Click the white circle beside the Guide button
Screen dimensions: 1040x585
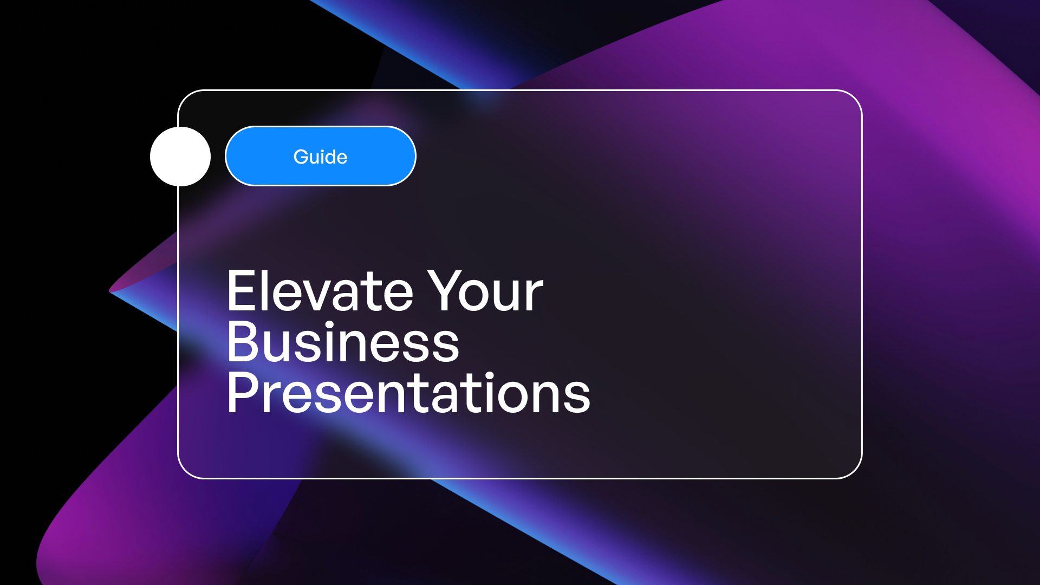pyautogui.click(x=180, y=157)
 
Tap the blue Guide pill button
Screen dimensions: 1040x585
pyautogui.click(x=321, y=156)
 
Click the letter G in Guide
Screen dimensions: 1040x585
pyautogui.click(x=301, y=157)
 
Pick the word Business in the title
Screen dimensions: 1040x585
pyautogui.click(x=343, y=342)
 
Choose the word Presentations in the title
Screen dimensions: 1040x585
pyautogui.click(x=409, y=393)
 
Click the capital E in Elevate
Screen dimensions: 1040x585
pyautogui.click(x=242, y=291)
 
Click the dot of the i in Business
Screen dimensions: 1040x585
pyautogui.click(x=329, y=324)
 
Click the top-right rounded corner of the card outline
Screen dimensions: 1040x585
pyautogui.click(x=855, y=97)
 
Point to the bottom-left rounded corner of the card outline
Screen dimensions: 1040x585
pyautogui.click(x=186, y=471)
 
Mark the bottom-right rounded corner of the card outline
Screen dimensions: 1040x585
pyautogui.click(x=855, y=471)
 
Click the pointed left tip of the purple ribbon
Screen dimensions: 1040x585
pyautogui.click(x=110, y=291)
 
